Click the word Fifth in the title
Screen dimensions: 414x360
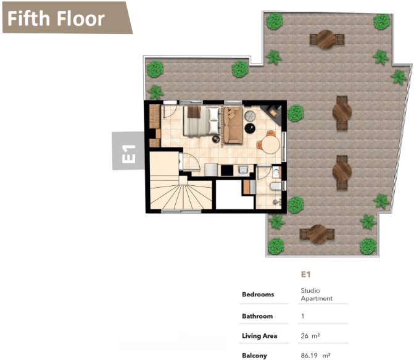click(x=28, y=19)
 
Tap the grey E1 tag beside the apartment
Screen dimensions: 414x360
click(x=128, y=151)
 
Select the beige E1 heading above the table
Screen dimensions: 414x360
click(x=305, y=274)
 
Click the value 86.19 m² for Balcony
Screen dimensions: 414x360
click(x=315, y=356)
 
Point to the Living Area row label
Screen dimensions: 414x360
click(x=259, y=336)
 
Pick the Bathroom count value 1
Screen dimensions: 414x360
click(x=302, y=316)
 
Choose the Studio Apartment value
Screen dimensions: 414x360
click(x=317, y=295)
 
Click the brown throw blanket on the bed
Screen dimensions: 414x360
click(x=194, y=111)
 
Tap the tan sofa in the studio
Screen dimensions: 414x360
click(x=233, y=125)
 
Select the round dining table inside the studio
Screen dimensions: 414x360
click(x=271, y=145)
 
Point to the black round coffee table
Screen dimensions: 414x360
click(x=250, y=128)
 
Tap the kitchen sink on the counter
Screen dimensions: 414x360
click(x=242, y=170)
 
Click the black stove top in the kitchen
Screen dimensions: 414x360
click(x=227, y=170)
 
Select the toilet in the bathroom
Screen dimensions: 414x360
click(x=276, y=186)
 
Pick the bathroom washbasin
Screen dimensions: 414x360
click(x=276, y=173)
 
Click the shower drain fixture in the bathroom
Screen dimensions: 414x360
click(x=276, y=202)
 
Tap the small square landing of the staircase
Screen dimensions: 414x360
click(x=183, y=180)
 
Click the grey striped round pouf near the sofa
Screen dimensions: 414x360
click(x=250, y=115)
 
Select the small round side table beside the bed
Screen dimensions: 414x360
click(x=216, y=139)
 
